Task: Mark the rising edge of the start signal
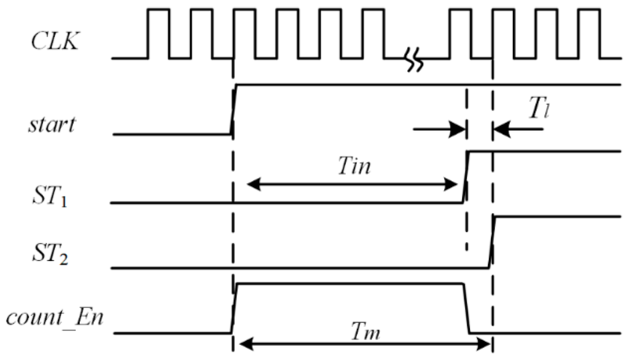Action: pyautogui.click(x=233, y=109)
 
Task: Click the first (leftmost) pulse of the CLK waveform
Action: pyautogui.click(x=158, y=34)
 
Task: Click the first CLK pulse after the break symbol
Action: pyautogui.click(x=460, y=34)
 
